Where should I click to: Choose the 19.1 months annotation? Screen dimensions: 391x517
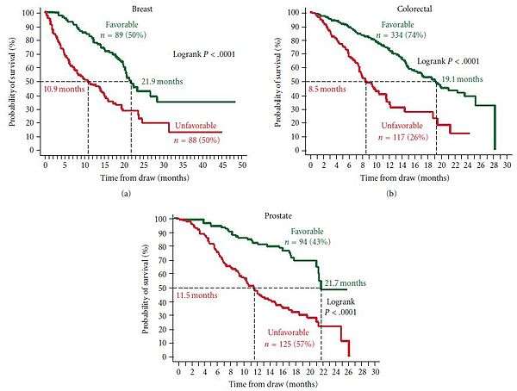[458, 79]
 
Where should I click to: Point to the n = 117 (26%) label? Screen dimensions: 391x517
[397, 142]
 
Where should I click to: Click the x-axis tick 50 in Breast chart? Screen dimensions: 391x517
[243, 164]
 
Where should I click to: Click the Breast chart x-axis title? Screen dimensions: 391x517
[143, 177]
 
